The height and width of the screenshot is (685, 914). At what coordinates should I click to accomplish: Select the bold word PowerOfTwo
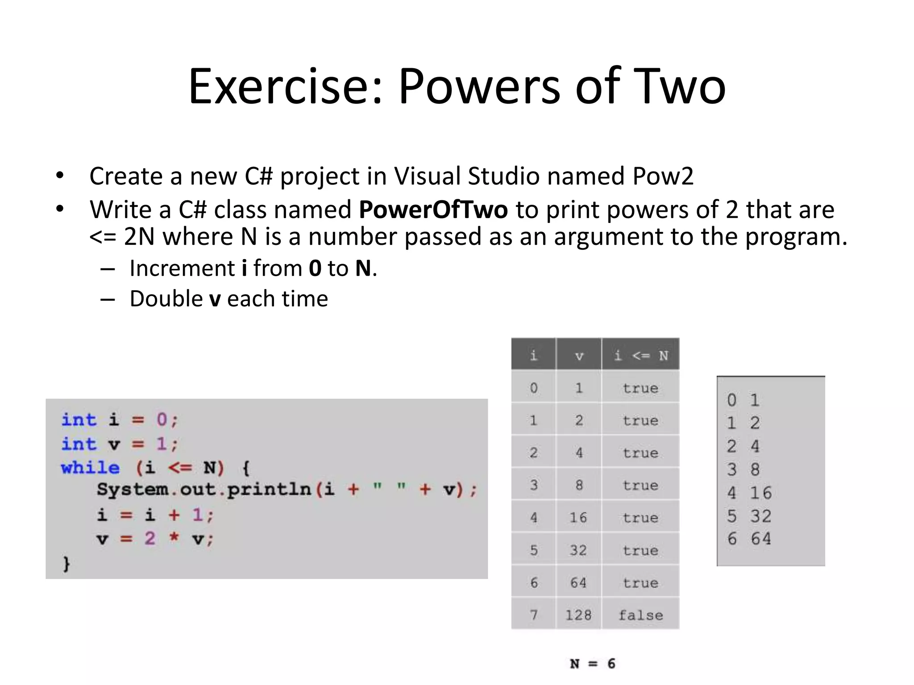(433, 209)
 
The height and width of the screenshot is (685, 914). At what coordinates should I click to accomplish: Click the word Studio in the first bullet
(504, 176)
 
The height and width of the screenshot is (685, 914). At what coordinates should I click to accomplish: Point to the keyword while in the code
(91, 468)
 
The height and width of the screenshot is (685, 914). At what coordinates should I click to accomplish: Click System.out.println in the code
(204, 490)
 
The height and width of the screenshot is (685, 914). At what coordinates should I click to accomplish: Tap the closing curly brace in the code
(66, 564)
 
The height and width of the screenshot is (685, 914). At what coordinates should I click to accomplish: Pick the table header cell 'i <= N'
(641, 355)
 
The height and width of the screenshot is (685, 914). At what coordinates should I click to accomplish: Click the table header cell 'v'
(579, 356)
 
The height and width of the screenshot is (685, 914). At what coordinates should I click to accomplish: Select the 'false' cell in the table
(641, 615)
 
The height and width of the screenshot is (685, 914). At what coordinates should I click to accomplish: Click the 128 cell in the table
(578, 615)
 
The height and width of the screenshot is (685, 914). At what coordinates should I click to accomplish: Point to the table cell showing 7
(534, 615)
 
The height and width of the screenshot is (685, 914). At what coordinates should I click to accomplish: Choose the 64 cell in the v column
(578, 582)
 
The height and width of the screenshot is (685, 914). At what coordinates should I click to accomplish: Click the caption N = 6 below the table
(593, 664)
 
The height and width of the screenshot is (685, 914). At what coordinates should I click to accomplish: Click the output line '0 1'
(743, 400)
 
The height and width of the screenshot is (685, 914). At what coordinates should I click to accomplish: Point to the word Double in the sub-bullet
(166, 299)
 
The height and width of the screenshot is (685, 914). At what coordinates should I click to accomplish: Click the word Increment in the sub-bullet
(182, 268)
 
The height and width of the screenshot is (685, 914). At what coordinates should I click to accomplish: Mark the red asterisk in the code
(174, 537)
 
